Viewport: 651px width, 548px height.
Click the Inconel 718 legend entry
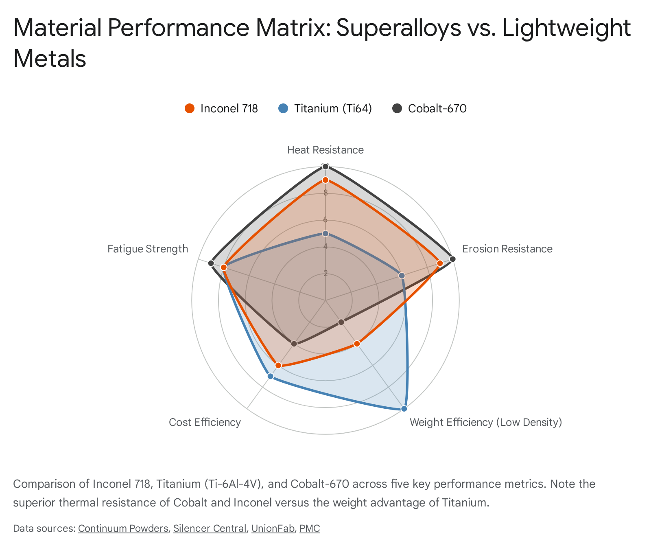pyautogui.click(x=222, y=109)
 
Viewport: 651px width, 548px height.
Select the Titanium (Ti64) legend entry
pyautogui.click(x=325, y=109)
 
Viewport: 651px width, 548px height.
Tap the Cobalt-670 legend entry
pyautogui.click(x=430, y=109)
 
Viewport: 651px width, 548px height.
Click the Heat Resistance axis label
pyautogui.click(x=325, y=150)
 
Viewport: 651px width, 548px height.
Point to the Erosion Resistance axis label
pyautogui.click(x=507, y=249)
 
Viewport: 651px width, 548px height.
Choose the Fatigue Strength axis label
pyautogui.click(x=148, y=249)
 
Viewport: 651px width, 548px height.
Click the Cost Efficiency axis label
pyautogui.click(x=205, y=422)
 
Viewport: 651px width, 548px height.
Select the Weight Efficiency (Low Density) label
pyautogui.click(x=485, y=422)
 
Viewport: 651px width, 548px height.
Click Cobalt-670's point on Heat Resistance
pyautogui.click(x=325, y=166)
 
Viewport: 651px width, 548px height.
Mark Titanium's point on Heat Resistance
pyautogui.click(x=325, y=233)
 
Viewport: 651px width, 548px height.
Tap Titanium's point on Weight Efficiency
pyautogui.click(x=404, y=409)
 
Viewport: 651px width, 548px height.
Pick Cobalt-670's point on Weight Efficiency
pyautogui.click(x=341, y=322)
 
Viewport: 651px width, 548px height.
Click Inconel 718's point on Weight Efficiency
pyautogui.click(x=357, y=344)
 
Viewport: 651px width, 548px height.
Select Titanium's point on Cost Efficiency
pyautogui.click(x=270, y=376)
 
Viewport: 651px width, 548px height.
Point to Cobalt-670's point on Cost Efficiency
pyautogui.click(x=294, y=344)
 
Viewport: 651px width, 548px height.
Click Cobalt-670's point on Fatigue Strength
pyautogui.click(x=211, y=263)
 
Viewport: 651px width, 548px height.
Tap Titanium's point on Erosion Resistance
pyautogui.click(x=402, y=276)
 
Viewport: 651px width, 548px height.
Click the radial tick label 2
pyautogui.click(x=325, y=273)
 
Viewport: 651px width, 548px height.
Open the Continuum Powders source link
pyautogui.click(x=123, y=528)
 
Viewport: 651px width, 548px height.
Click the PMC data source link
pyautogui.click(x=309, y=528)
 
